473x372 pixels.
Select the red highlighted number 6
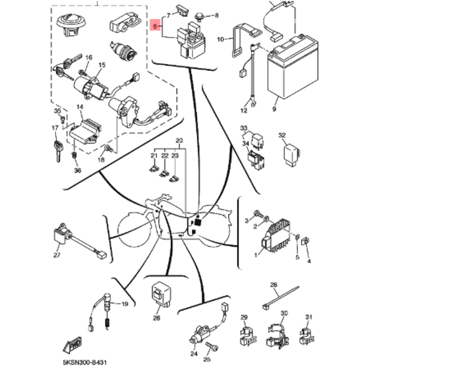[155, 26]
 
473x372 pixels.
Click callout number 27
[57, 255]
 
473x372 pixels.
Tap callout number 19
[125, 304]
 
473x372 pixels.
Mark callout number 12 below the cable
[244, 111]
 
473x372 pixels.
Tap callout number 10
[220, 40]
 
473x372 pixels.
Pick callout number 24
[194, 354]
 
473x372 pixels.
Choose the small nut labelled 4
[305, 242]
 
